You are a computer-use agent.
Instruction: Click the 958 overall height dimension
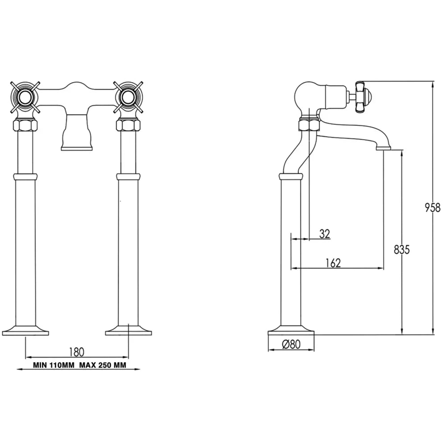(x=432, y=208)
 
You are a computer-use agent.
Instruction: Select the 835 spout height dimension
(x=402, y=249)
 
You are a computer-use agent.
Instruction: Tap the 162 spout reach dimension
(x=333, y=263)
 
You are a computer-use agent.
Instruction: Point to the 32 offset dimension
(x=325, y=234)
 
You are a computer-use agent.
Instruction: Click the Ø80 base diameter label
(x=291, y=344)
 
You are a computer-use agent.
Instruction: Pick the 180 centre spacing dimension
(x=77, y=352)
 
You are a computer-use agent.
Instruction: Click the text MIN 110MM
(x=54, y=365)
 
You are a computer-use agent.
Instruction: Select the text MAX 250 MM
(x=103, y=365)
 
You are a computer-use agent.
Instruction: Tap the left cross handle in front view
(x=25, y=97)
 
